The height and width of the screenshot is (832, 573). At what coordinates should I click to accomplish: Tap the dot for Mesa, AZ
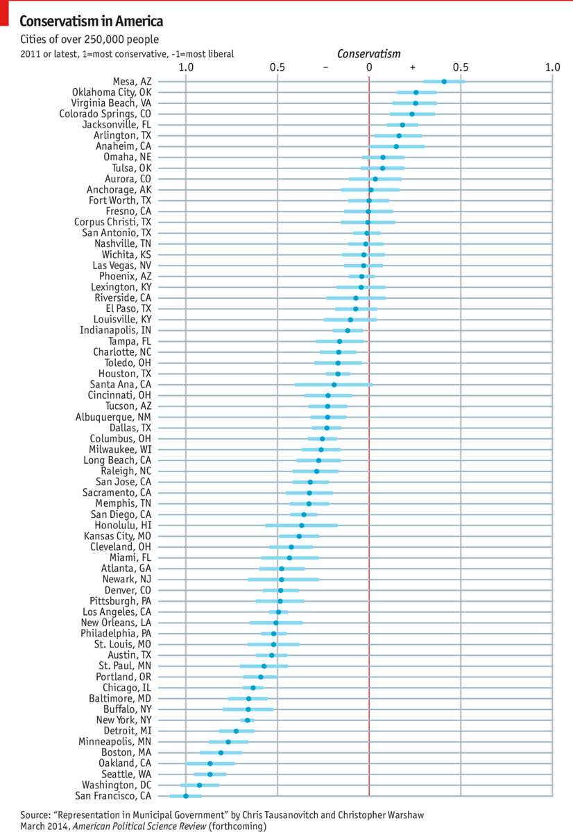(444, 81)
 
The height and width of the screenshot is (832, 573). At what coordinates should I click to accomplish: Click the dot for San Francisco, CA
(185, 797)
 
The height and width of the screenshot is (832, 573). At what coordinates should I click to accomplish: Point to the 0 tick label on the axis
(369, 67)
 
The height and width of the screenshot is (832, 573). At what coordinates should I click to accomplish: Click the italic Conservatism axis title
(368, 53)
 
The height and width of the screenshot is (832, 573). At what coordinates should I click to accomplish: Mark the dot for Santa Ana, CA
(334, 384)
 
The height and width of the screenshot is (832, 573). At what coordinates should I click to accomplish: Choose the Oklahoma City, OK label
(112, 92)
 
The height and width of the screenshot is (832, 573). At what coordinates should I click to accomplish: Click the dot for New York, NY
(248, 720)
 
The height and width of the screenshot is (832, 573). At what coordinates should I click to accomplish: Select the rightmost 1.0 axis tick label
(551, 67)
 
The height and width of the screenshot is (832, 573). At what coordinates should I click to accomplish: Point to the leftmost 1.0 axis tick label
(185, 67)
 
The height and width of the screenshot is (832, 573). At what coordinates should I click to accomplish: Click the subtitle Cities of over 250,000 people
(89, 39)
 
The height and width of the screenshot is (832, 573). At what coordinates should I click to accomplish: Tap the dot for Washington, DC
(200, 786)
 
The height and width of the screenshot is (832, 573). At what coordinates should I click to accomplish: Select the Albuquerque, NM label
(113, 417)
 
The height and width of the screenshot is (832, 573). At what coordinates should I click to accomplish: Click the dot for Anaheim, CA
(396, 146)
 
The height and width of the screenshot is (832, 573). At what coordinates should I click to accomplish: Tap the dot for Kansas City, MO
(299, 536)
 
